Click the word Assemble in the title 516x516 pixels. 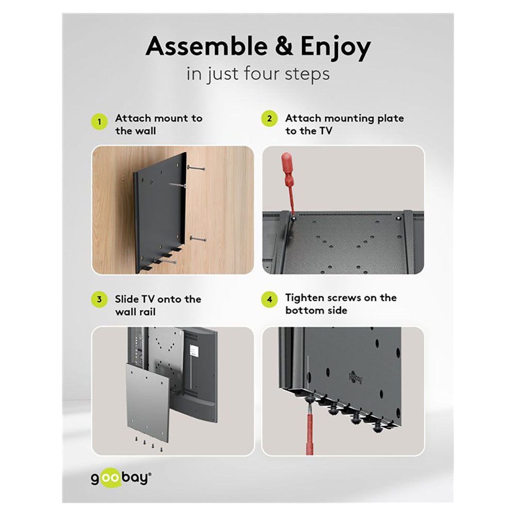point(207,46)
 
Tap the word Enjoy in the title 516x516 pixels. point(335,48)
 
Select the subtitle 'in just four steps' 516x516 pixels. point(258,74)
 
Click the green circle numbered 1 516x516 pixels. point(100,122)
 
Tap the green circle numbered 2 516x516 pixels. point(269,119)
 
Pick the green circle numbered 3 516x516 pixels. point(100,299)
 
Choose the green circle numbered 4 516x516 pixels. point(269,299)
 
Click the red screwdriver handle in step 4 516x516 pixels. point(310,434)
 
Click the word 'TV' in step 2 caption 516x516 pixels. point(326,131)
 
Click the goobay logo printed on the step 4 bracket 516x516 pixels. point(356,377)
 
